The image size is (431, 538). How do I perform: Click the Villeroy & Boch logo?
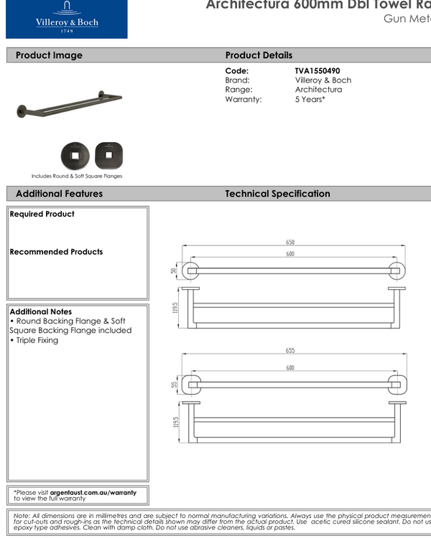[x=66, y=19]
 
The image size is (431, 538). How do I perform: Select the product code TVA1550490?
[x=318, y=71]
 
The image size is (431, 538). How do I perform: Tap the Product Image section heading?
[x=49, y=55]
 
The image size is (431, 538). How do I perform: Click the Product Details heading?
[x=259, y=55]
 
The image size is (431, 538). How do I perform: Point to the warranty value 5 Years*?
[x=310, y=100]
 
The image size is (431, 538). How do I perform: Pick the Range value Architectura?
[x=318, y=90]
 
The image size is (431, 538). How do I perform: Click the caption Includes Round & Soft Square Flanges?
[x=77, y=176]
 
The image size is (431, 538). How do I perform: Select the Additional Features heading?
[x=59, y=194]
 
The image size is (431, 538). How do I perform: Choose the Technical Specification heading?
[x=277, y=194]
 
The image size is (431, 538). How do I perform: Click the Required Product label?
[x=42, y=214]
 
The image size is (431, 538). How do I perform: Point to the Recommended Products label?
[x=56, y=252]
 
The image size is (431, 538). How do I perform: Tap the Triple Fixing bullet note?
[x=34, y=340]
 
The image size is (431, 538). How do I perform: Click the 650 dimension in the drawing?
[x=290, y=242]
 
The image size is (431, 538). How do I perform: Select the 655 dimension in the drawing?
[x=290, y=351]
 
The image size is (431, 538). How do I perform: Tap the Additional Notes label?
[x=41, y=312]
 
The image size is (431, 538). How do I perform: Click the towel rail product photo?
[x=69, y=103]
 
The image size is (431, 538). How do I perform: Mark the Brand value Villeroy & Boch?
[x=323, y=80]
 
